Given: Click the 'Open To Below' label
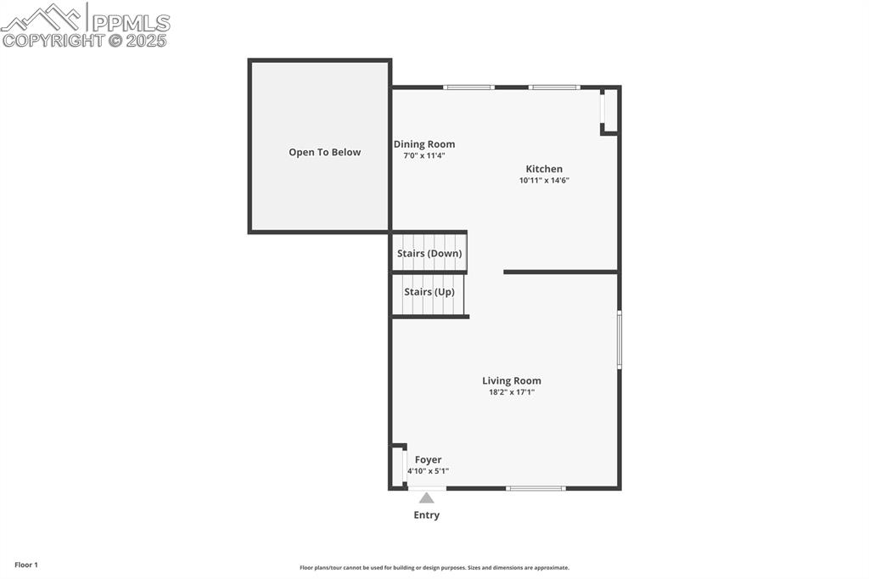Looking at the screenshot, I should click(x=324, y=153).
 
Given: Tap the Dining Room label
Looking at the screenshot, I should click(x=424, y=144).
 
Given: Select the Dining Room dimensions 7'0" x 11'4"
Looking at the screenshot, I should click(x=424, y=155).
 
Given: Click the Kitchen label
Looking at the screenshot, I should click(x=544, y=169).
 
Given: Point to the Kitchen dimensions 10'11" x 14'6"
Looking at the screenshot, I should click(x=544, y=180).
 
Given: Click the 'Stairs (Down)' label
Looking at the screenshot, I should click(x=429, y=254).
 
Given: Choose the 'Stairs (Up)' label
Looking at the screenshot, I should click(x=429, y=292).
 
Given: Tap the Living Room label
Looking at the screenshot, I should click(x=512, y=381).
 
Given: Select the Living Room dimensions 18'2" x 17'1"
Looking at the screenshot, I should click(x=512, y=392).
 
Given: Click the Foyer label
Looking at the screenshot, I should click(x=428, y=460).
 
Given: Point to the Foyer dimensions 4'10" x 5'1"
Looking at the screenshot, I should click(x=428, y=471).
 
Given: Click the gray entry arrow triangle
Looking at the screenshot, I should click(x=426, y=498).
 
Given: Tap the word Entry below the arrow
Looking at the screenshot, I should click(x=426, y=515).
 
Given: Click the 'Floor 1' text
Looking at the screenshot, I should click(x=26, y=565).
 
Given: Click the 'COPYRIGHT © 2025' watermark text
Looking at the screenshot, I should click(x=85, y=40).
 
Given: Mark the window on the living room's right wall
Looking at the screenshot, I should click(x=620, y=340).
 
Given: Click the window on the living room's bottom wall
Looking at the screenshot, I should click(x=535, y=488).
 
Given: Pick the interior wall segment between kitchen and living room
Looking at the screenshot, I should click(x=560, y=272).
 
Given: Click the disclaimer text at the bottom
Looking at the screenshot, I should click(x=434, y=568).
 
